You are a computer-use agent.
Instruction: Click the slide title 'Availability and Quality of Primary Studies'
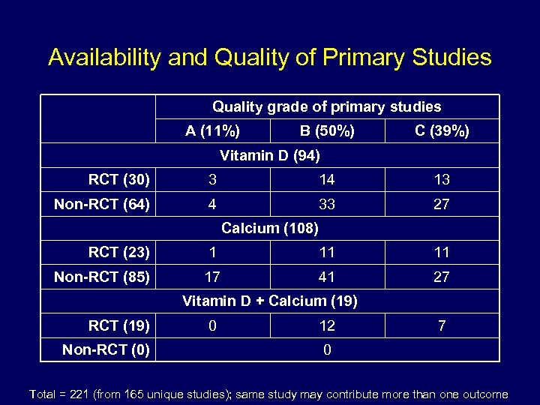pos(270,58)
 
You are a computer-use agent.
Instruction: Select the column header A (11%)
pos(213,131)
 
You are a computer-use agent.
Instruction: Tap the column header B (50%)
pos(327,131)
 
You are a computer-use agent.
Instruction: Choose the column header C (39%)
pos(442,131)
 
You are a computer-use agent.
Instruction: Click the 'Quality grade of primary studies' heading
pos(327,107)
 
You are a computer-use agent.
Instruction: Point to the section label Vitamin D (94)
pos(270,156)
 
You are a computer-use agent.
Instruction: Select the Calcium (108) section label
pos(270,228)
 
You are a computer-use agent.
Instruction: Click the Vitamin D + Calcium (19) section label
pos(270,301)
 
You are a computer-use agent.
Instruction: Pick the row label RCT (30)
pos(118,180)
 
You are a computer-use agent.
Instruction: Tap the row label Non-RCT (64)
pos(102,204)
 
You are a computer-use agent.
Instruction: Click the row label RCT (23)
pos(118,253)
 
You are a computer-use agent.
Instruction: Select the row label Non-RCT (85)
pos(102,277)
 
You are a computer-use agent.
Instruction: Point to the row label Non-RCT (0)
pos(106,349)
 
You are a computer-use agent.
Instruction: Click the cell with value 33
pos(327,204)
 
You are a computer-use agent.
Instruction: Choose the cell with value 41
pos(327,277)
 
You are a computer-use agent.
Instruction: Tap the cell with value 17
pos(213,277)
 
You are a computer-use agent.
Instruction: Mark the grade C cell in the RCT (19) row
pos(442,325)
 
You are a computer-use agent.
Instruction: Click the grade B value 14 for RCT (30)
pos(327,180)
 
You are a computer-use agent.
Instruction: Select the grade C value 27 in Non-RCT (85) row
pos(442,277)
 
